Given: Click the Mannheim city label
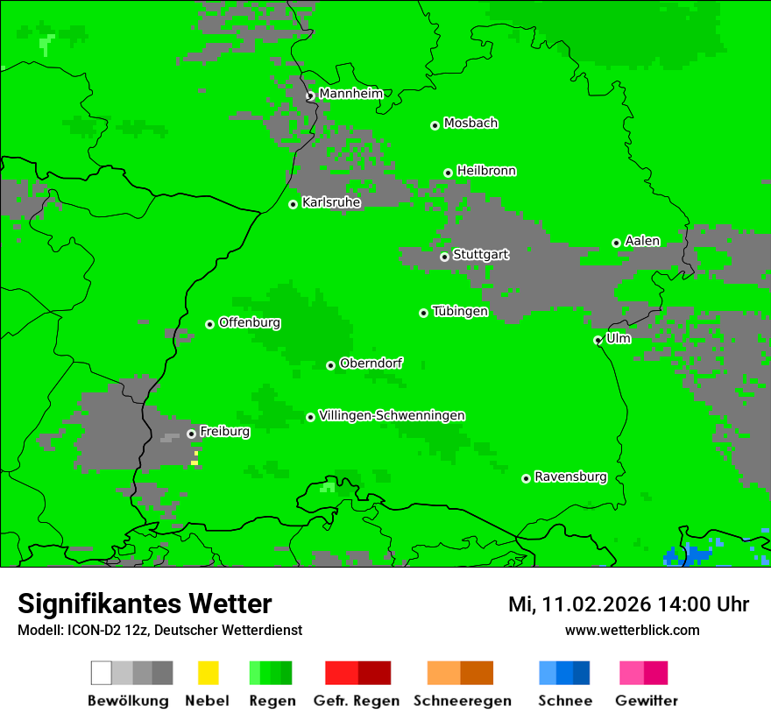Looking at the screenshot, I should point(350,94).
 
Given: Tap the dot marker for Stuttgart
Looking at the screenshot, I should point(444,257).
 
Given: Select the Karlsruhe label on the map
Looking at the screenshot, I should point(331,202).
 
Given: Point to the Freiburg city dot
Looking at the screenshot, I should point(191,434).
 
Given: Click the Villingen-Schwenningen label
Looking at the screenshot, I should point(392,415).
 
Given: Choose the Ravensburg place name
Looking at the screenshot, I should point(570,476).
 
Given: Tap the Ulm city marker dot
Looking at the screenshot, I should point(598,340).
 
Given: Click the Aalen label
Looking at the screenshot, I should point(642,241).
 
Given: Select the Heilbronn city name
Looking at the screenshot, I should point(486,171).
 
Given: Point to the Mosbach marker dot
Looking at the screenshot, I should point(435,125).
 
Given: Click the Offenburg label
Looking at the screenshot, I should point(250,322).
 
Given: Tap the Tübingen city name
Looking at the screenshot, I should point(460,311).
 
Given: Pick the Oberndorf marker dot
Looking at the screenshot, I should point(330,365).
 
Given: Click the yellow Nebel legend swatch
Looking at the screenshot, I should point(208,673).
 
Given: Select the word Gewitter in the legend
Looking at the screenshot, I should point(646,701).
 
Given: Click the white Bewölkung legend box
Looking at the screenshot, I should point(102,673).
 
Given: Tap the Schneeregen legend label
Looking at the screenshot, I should point(462,701).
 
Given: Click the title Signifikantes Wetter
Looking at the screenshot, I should point(145,603).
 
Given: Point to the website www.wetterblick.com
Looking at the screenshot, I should point(632,630).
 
